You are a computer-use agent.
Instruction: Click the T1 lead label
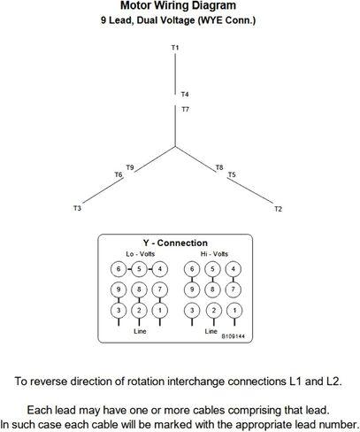[175, 48]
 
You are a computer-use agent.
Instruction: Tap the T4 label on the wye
[185, 95]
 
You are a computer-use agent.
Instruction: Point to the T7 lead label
[185, 110]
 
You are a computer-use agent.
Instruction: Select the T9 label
[130, 167]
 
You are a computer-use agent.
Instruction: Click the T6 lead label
[119, 174]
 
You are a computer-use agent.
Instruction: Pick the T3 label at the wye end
[77, 208]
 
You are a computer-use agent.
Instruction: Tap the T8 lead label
[219, 167]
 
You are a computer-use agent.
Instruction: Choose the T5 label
[232, 174]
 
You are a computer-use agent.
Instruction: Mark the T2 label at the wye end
[278, 209]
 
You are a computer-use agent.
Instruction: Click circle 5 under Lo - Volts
[139, 269]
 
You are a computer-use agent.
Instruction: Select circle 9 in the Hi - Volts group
[192, 289]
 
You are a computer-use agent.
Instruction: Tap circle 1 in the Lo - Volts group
[160, 311]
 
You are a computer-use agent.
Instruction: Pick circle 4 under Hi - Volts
[234, 269]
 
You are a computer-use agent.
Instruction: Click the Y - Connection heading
[175, 243]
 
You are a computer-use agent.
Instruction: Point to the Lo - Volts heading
[141, 254]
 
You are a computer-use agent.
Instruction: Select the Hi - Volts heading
[214, 254]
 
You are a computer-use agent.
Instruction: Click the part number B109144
[233, 336]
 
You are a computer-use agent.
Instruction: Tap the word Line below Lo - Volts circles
[140, 331]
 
